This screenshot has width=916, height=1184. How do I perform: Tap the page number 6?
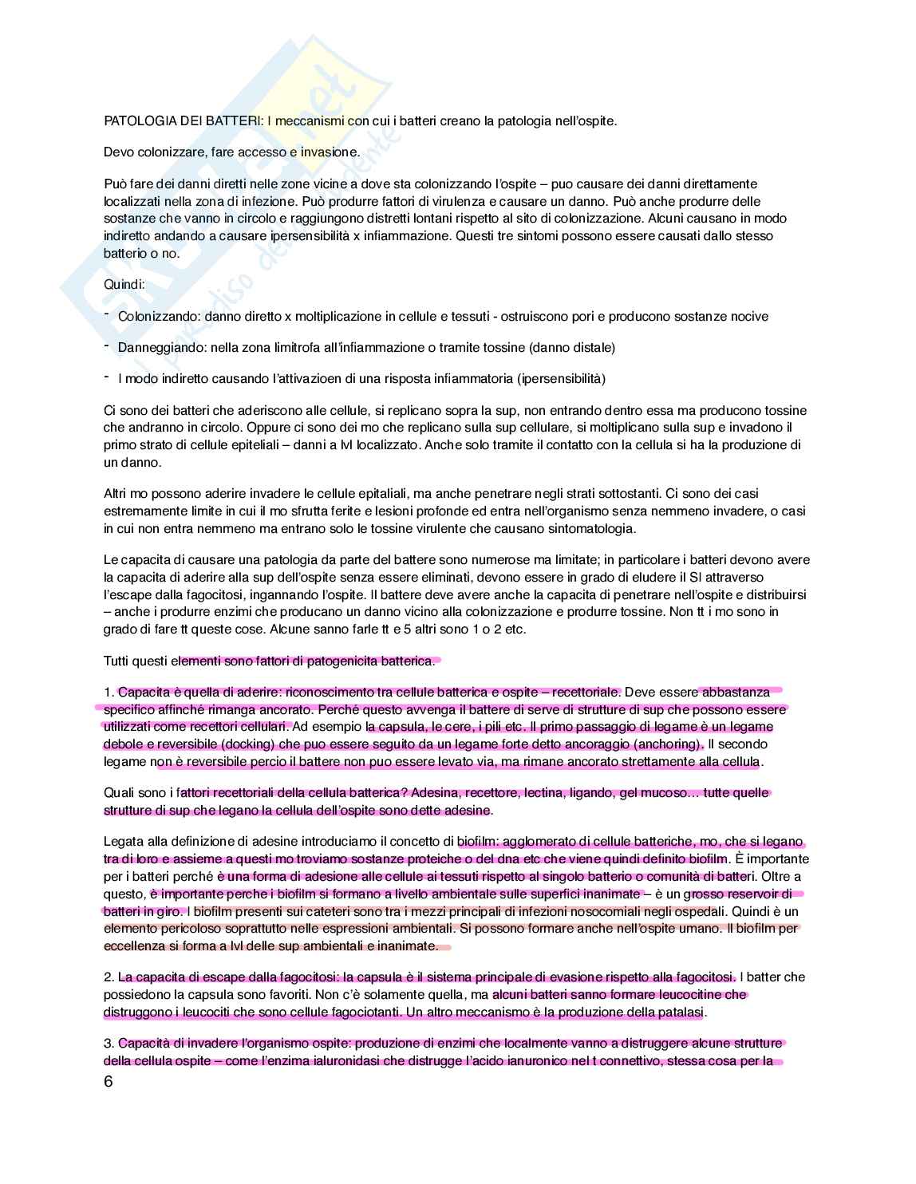109,1082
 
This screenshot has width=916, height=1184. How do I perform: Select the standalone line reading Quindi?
124,284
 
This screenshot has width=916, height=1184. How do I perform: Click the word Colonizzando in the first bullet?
157,317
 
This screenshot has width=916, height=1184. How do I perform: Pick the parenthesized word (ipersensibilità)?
561,378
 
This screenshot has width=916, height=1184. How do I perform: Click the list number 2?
109,977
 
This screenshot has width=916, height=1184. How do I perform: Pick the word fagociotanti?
363,1012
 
